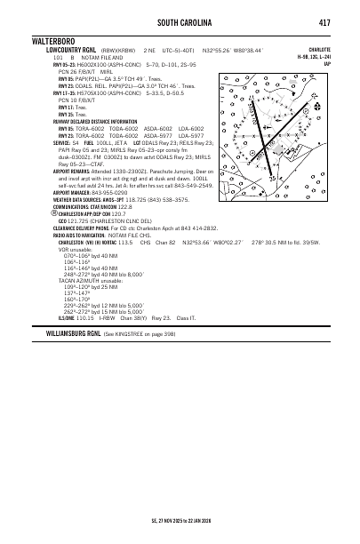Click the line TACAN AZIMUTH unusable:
click(90, 276)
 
